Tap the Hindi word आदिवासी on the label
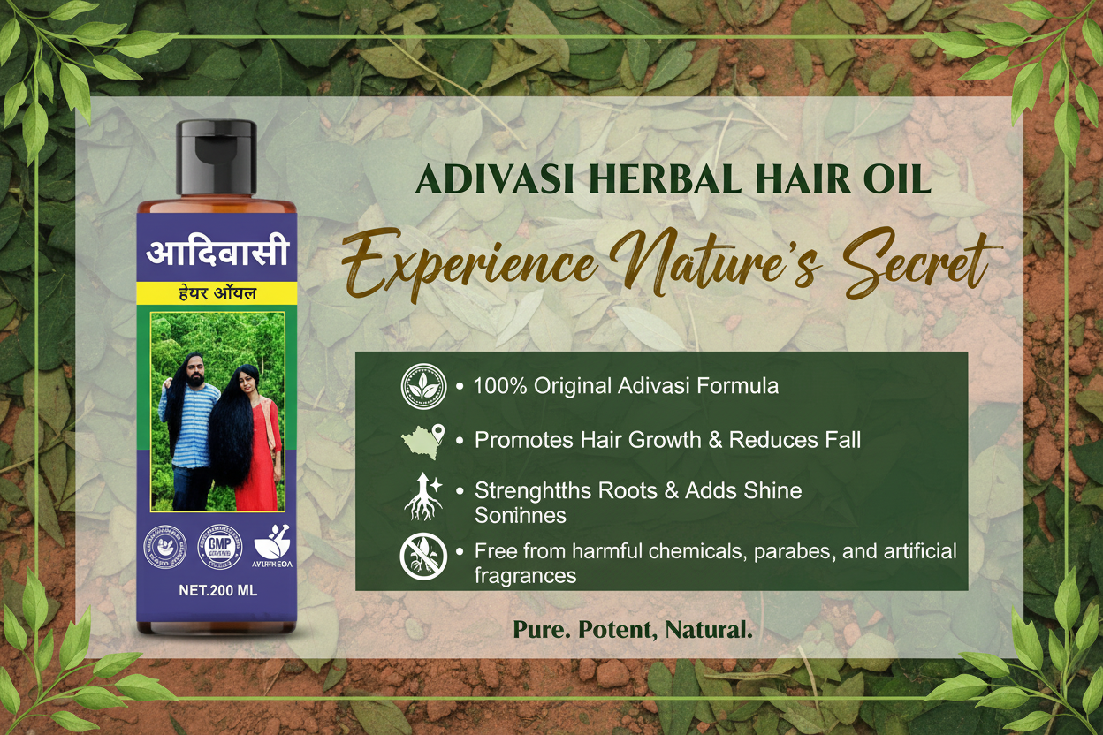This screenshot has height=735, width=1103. (217, 253)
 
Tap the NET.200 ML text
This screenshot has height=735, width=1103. (217, 591)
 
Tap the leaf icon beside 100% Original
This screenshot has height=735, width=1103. (423, 386)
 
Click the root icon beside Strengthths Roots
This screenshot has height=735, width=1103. (423, 496)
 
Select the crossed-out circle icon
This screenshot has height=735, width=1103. (423, 557)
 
